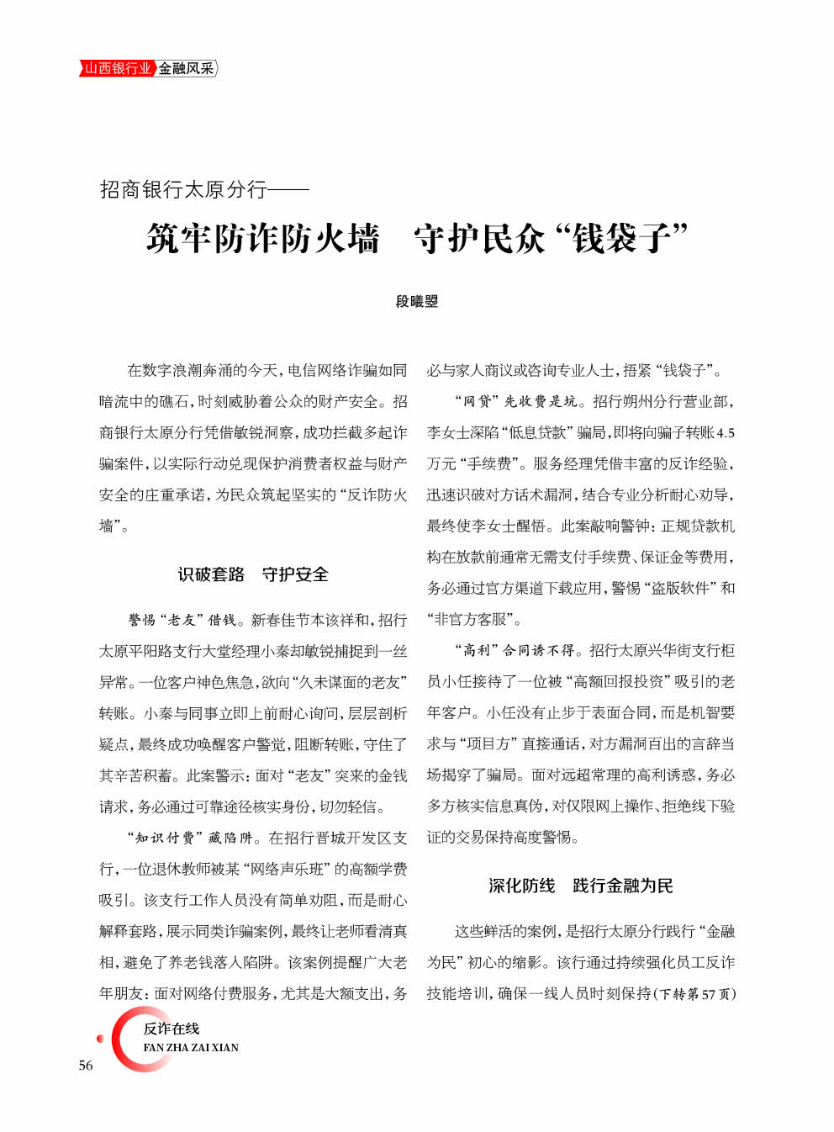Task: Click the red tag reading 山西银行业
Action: (117, 68)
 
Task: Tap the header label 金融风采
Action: (187, 68)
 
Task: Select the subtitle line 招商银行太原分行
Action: (183, 190)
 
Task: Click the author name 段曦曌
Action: (417, 301)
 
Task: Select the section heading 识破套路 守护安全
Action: (253, 574)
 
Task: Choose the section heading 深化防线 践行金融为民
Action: (581, 886)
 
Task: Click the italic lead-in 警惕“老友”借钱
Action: (182, 620)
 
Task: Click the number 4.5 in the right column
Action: (726, 433)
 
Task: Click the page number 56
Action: (86, 1066)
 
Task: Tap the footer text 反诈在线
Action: (172, 1029)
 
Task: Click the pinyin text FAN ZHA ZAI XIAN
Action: (191, 1048)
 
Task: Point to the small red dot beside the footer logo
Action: (100, 1039)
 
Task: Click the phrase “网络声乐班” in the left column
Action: (288, 869)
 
